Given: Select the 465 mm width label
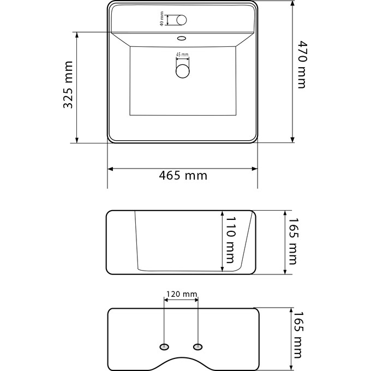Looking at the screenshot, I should [x=183, y=176].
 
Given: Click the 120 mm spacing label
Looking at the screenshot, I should [x=181, y=294].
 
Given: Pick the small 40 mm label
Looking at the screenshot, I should [x=161, y=20].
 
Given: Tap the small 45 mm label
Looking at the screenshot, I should [x=182, y=55].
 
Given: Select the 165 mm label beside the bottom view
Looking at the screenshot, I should [x=297, y=335].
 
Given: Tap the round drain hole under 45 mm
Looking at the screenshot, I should [x=182, y=70].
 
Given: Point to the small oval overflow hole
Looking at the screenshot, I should [x=182, y=39].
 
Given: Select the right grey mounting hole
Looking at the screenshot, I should [x=198, y=347].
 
